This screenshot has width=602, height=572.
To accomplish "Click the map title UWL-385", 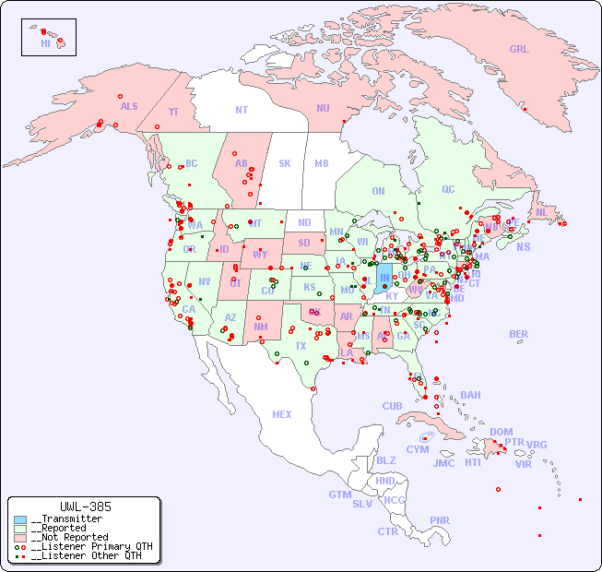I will pyautogui.click(x=85, y=506).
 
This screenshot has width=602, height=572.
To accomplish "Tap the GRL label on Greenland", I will pyautogui.click(x=519, y=49).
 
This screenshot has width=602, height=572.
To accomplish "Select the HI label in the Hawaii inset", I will pyautogui.click(x=45, y=43).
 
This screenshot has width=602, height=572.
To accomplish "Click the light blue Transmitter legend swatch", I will pyautogui.click(x=20, y=519).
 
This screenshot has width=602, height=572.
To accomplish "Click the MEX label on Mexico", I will pyautogui.click(x=281, y=414).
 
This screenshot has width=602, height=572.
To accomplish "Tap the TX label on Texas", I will pyautogui.click(x=301, y=346).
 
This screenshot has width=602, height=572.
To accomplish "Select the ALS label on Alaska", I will pyautogui.click(x=129, y=106).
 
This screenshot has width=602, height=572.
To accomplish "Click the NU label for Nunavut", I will pyautogui.click(x=323, y=108).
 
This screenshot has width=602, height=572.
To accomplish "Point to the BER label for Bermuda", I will pyautogui.click(x=518, y=334).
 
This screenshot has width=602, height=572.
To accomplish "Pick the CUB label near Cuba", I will pyautogui.click(x=392, y=406).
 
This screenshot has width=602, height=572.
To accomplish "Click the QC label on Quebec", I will pyautogui.click(x=448, y=189).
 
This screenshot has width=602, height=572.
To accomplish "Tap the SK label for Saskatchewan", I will pyautogui.click(x=285, y=163).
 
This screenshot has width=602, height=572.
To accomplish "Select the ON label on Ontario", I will pyautogui.click(x=378, y=191).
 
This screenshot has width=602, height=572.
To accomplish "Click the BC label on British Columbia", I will pyautogui.click(x=192, y=163).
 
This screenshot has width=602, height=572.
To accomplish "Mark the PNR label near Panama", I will pyautogui.click(x=440, y=520).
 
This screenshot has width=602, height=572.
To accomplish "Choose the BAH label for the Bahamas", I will pyautogui.click(x=470, y=395).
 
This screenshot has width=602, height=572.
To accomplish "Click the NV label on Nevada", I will pyautogui.click(x=204, y=281).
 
